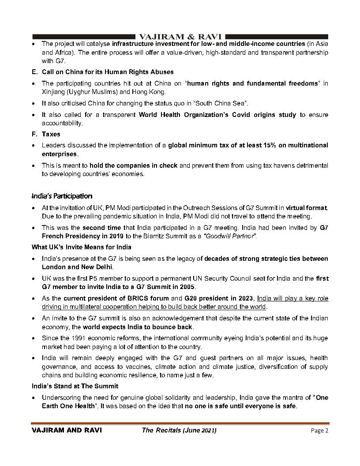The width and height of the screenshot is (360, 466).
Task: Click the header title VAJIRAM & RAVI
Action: [x=180, y=36]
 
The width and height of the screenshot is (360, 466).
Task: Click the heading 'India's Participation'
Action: [x=62, y=196]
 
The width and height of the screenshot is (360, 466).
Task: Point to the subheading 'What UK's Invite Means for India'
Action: [x=81, y=247]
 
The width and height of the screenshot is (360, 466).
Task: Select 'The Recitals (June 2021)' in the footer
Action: [x=179, y=431]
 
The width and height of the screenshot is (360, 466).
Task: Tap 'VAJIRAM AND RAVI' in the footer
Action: [x=67, y=431]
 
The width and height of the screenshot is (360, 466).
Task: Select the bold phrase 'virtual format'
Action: [x=307, y=207]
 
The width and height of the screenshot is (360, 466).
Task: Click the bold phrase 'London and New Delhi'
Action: [x=77, y=267]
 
